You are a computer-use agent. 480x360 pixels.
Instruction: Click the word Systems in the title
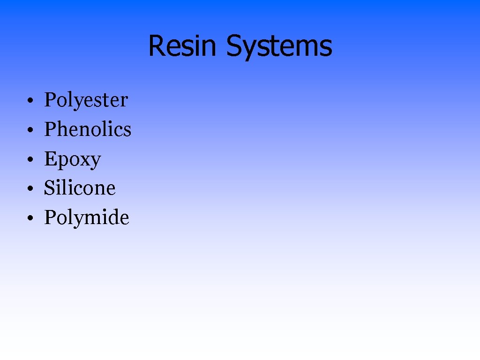coord(279,46)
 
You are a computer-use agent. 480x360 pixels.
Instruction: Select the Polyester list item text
coord(86,100)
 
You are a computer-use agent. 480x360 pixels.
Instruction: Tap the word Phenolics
coord(88,130)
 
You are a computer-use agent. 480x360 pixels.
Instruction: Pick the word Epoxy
coord(73,160)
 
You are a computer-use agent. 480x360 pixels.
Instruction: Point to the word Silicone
coord(80,188)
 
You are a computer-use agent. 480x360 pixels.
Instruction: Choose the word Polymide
coord(86,218)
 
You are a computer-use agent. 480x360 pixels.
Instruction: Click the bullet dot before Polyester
coord(29,101)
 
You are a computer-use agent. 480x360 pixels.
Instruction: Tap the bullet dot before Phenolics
coord(29,130)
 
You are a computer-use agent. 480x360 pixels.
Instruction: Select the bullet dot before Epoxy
coord(29,160)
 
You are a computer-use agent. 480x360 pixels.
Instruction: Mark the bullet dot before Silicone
coord(29,189)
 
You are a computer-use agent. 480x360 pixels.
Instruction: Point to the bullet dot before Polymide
coord(29,218)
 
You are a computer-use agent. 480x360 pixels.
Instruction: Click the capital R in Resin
coord(157,46)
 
